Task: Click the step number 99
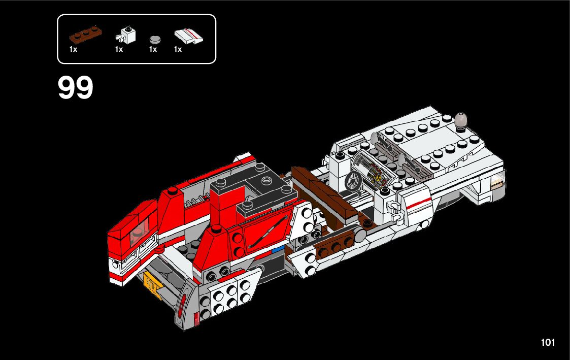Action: [76, 88]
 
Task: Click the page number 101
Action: [548, 343]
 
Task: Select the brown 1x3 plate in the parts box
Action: [85, 35]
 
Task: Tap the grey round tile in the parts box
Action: [155, 39]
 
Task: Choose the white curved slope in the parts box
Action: [189, 36]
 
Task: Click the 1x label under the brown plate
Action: [74, 49]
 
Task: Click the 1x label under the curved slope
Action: [178, 49]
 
